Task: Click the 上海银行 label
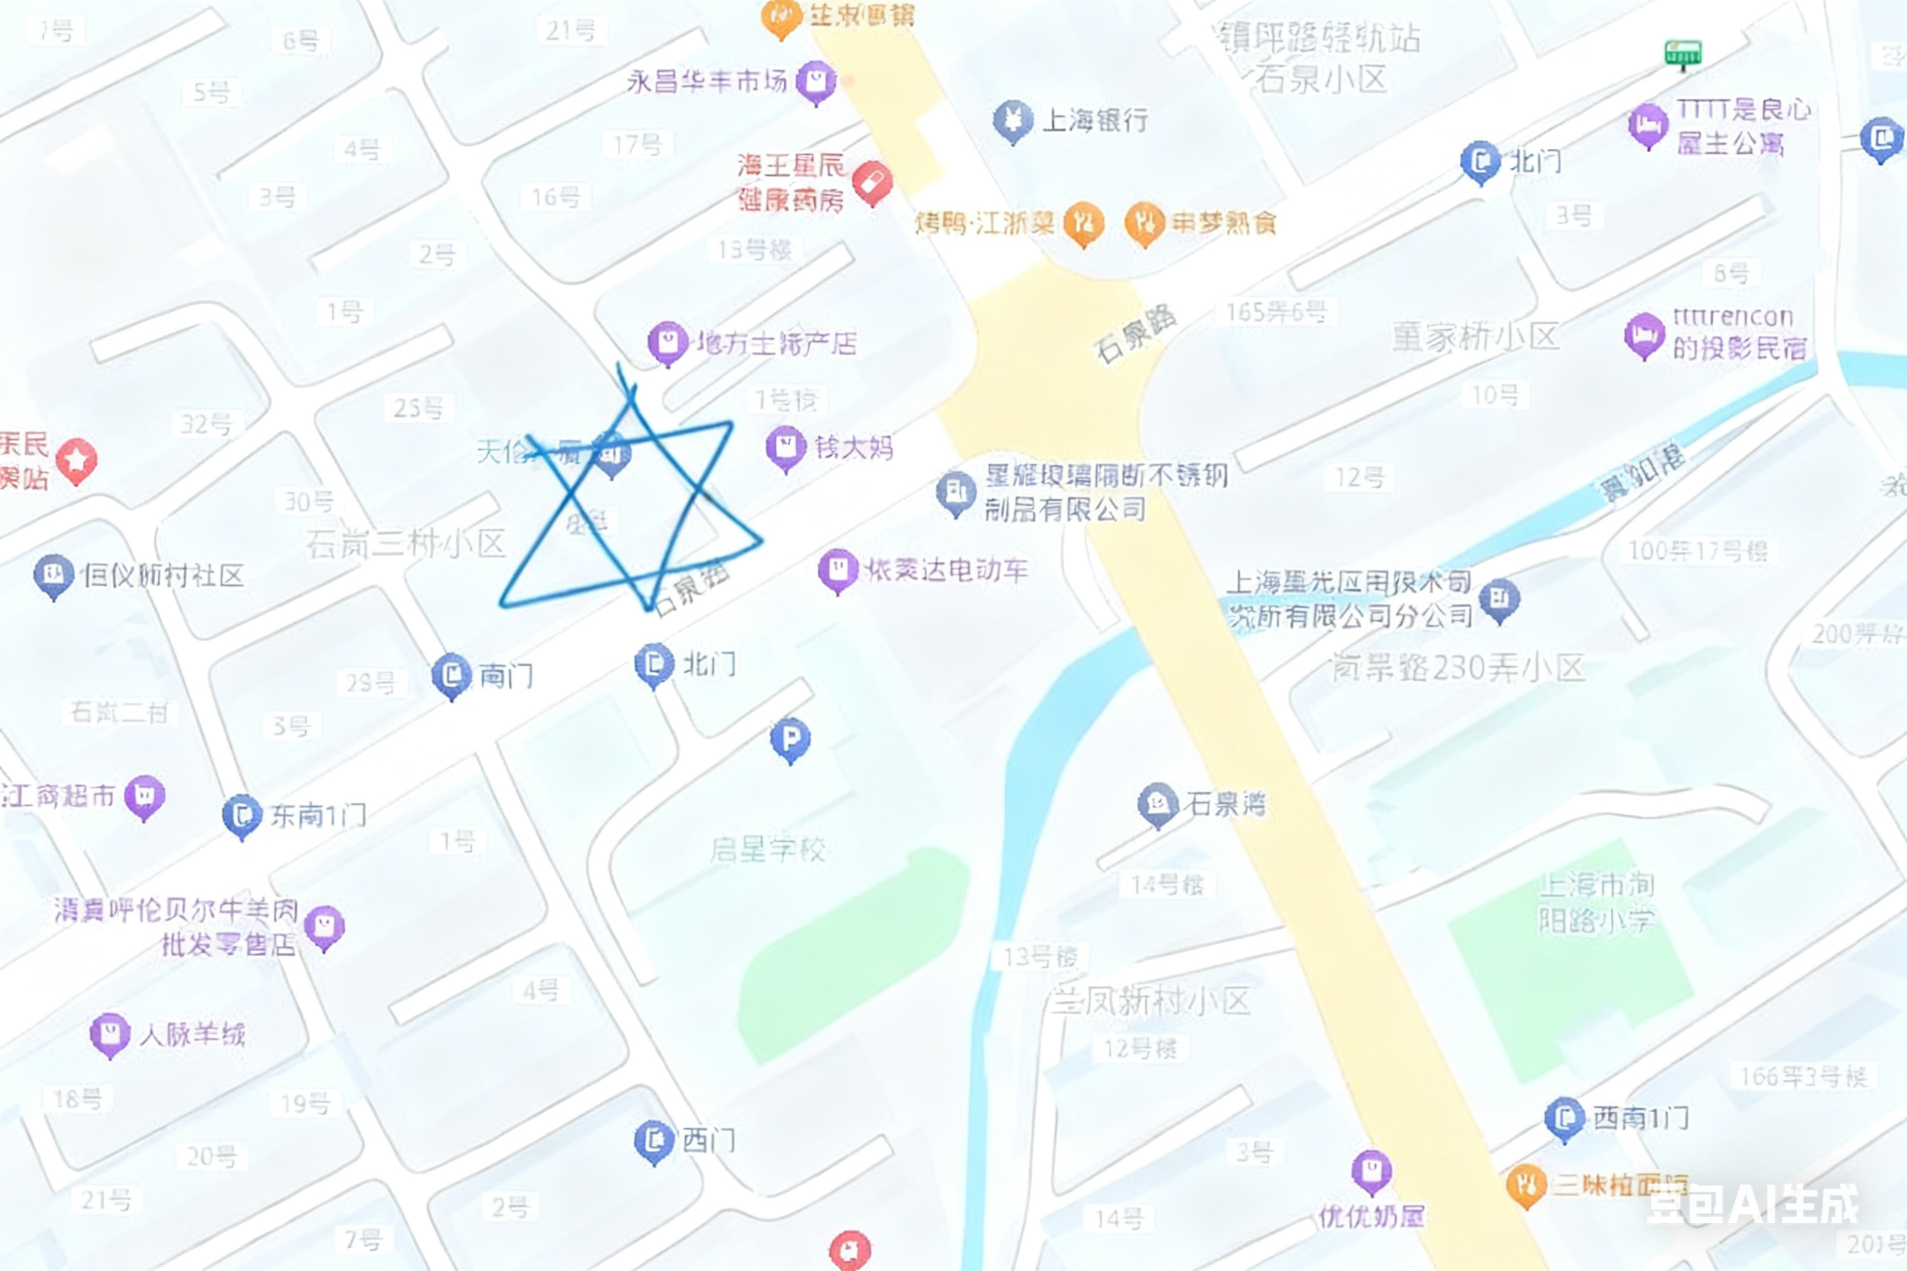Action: click(x=1095, y=121)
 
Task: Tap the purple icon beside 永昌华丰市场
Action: click(x=816, y=81)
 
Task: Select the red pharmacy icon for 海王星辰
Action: click(x=871, y=182)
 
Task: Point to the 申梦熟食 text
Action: click(x=1223, y=222)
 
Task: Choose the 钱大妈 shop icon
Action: click(x=785, y=447)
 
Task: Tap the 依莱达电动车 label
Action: click(x=946, y=570)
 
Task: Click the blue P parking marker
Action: click(x=790, y=738)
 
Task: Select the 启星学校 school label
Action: click(x=767, y=850)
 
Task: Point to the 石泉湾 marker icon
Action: click(x=1157, y=803)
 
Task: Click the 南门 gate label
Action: click(x=506, y=675)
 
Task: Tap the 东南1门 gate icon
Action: click(x=242, y=815)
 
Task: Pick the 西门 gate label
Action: click(x=709, y=1140)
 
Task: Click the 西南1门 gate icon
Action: click(x=1564, y=1119)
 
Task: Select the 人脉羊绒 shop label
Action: click(x=192, y=1035)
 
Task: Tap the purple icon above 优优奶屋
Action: click(x=1371, y=1171)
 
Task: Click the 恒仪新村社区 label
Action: click(x=163, y=575)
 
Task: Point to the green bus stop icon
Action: click(x=1683, y=54)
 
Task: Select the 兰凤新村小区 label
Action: click(x=1150, y=1002)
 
